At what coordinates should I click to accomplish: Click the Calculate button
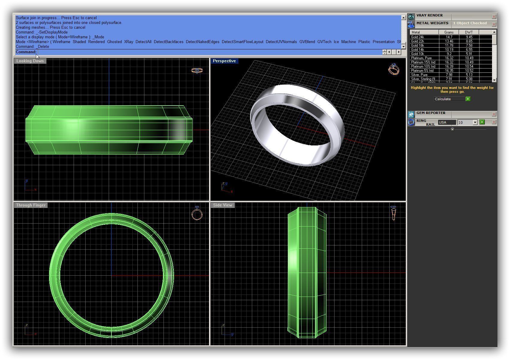coord(449,99)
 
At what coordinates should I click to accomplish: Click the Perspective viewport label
coord(224,61)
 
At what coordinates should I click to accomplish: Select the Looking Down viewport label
coord(30,61)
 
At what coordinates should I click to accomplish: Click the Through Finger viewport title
coord(31,205)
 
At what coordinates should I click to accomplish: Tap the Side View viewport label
coord(223,205)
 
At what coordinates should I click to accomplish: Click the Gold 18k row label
coord(417,45)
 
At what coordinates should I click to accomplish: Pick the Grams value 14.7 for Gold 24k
coord(449,37)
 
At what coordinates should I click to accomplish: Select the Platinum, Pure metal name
coord(421,58)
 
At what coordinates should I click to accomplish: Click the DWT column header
coord(469,32)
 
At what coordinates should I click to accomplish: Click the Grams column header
coord(449,32)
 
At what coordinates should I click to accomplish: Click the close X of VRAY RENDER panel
coord(494,17)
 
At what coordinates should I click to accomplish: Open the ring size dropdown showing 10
coord(475,122)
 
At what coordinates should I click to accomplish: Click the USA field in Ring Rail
coord(447,122)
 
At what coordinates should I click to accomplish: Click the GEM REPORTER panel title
coord(431,113)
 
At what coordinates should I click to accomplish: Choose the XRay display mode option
coord(128,42)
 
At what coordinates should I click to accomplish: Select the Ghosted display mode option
coord(114,42)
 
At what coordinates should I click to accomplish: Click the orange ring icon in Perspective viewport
coord(394,69)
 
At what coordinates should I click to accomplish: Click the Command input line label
coord(26,52)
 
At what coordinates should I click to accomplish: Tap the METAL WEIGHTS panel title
coord(432,23)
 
